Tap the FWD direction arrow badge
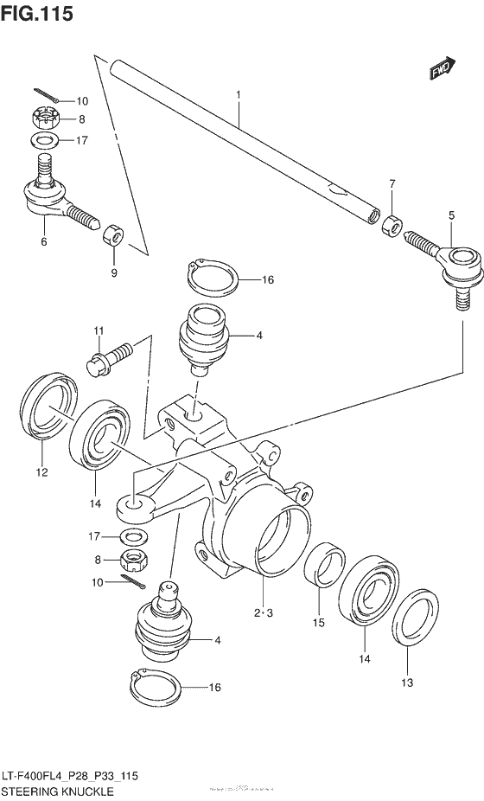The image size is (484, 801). point(442,69)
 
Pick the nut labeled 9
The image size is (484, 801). point(113,234)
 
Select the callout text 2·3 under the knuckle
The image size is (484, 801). point(264,613)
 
